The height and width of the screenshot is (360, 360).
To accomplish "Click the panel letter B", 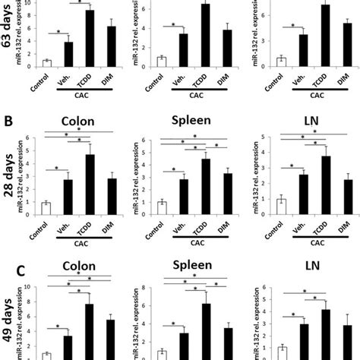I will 9,119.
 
